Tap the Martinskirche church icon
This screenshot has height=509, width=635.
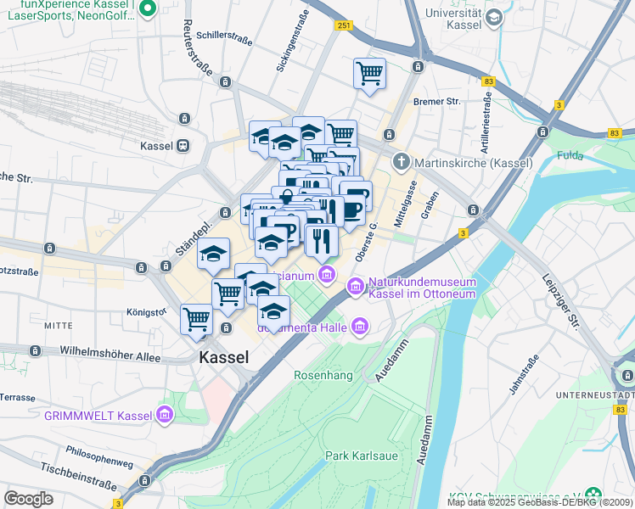402,161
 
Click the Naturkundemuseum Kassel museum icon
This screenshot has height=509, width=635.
356,290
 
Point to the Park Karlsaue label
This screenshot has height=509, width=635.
362,456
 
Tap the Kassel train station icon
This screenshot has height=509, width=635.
183,146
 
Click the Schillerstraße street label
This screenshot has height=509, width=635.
226,36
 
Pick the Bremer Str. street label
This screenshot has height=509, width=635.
436,102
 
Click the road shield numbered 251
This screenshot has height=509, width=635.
342,26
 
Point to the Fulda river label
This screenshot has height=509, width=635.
571,155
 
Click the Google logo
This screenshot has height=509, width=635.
28,498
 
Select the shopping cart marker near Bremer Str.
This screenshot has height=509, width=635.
369,73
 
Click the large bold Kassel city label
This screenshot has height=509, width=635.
224,357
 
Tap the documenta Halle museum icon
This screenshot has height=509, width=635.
360,326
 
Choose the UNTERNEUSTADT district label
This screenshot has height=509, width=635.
593,395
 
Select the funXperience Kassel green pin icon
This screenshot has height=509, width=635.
147,8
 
